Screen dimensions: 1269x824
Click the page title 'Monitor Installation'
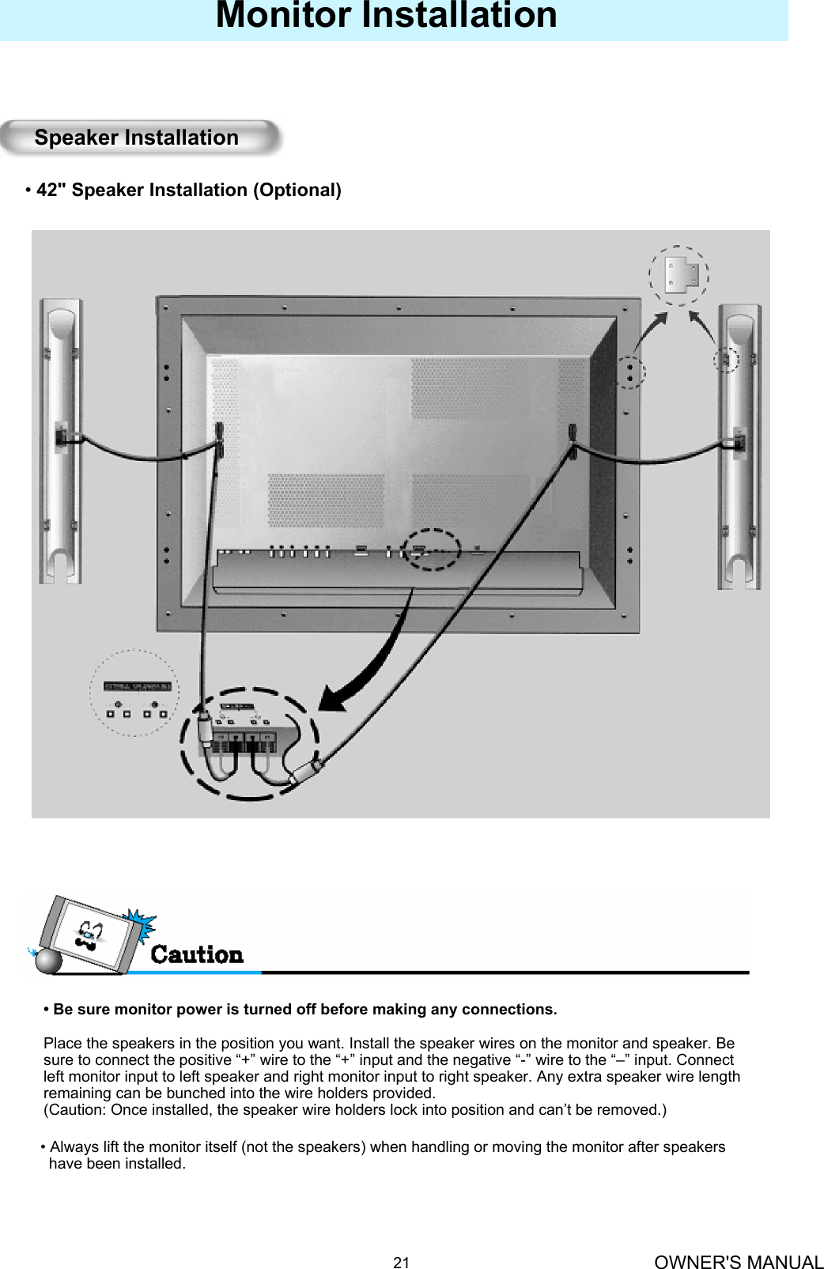coord(386,16)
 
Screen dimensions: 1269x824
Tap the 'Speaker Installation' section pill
coord(137,138)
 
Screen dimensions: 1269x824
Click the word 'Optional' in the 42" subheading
coord(297,191)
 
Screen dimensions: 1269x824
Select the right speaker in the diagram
coord(739,447)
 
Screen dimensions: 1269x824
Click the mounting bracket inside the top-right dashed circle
coord(679,274)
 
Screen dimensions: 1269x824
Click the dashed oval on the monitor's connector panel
coord(431,549)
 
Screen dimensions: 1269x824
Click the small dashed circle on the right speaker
coord(726,360)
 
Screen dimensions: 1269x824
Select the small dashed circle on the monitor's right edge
coord(630,372)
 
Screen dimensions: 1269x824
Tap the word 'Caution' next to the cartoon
coord(197,955)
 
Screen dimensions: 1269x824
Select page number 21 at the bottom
coord(402,1263)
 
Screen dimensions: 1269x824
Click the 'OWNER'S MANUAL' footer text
coord(739,1263)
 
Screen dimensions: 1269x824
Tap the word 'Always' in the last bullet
coord(73,1147)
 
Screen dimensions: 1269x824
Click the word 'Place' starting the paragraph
coord(60,1044)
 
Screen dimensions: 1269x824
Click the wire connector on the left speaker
coord(61,437)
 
